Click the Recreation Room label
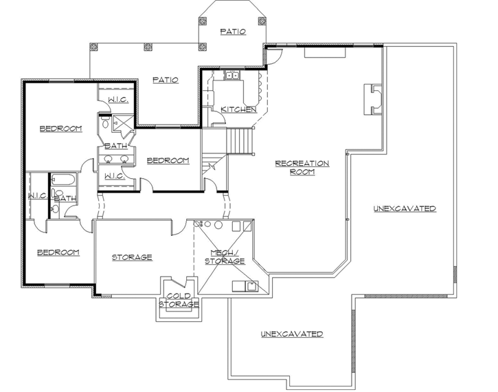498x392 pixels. (x=302, y=168)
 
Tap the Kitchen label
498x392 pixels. (x=239, y=109)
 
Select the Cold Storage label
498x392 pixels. (x=179, y=300)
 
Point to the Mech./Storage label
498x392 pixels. (x=225, y=257)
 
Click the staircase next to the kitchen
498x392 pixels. (x=240, y=141)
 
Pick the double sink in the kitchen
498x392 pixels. (x=232, y=76)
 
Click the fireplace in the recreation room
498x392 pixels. (x=373, y=99)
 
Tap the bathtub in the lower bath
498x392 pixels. (x=63, y=179)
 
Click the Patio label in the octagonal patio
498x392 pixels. (x=233, y=32)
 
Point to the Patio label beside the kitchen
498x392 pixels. (x=166, y=80)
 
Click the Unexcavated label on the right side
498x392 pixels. (x=405, y=208)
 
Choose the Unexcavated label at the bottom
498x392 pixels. (x=292, y=334)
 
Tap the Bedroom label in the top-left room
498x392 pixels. (x=60, y=129)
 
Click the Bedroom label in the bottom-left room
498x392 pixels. (x=58, y=252)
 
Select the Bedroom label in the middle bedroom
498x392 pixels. (x=168, y=160)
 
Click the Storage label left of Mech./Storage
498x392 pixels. (x=132, y=257)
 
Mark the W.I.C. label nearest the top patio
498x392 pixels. (x=118, y=100)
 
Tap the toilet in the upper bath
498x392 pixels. (x=106, y=122)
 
